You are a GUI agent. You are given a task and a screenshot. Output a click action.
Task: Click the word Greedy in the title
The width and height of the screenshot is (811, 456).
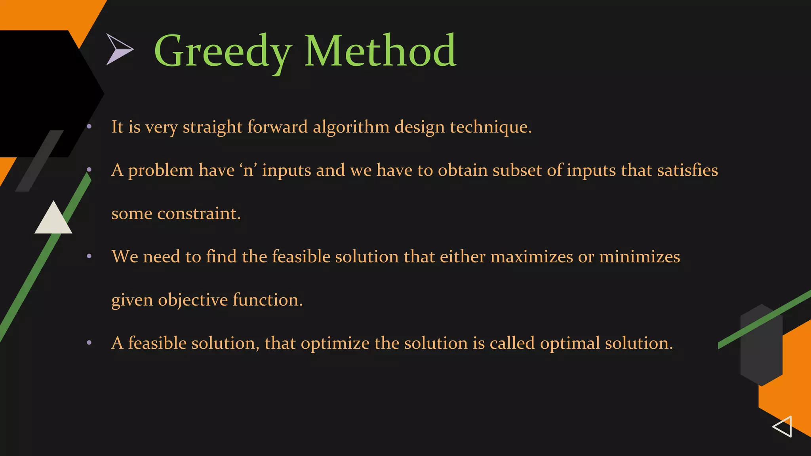pyautogui.click(x=223, y=51)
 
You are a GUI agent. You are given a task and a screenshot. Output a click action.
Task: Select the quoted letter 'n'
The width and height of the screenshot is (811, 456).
pyautogui.click(x=248, y=170)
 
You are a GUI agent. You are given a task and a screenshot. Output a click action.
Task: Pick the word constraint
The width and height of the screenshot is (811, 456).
pyautogui.click(x=198, y=214)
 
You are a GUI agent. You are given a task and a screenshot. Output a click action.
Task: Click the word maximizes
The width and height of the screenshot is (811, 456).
pyautogui.click(x=531, y=256)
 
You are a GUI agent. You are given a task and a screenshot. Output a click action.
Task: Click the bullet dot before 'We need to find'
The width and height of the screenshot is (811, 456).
pyautogui.click(x=89, y=256)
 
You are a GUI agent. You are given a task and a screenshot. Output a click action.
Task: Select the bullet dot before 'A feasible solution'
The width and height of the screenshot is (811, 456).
pyautogui.click(x=89, y=343)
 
